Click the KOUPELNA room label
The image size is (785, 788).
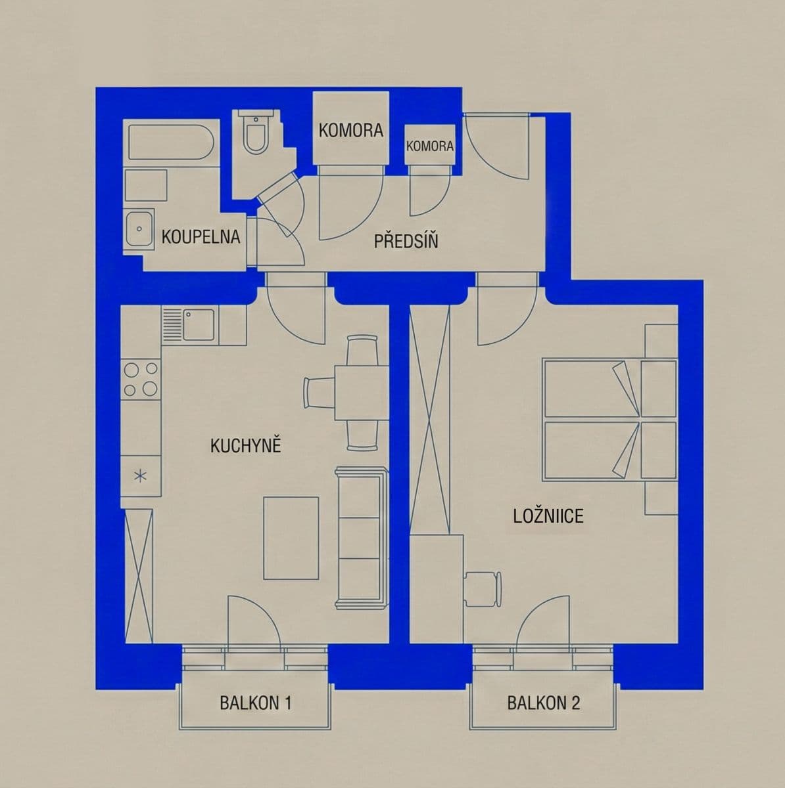tap(201, 236)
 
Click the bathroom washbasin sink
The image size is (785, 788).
tap(139, 229)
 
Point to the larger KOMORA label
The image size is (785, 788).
tap(350, 130)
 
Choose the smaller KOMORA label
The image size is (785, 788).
tap(430, 146)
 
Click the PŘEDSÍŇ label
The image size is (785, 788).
tap(406, 241)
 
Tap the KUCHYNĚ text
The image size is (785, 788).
tap(245, 446)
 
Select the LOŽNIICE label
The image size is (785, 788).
tap(548, 515)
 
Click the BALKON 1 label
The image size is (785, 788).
tap(255, 703)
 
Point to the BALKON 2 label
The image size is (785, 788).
tap(543, 703)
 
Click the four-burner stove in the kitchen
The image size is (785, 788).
tap(141, 379)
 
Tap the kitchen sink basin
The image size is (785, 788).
tap(198, 324)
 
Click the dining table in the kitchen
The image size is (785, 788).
tap(358, 393)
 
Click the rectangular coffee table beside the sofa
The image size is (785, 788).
tap(291, 538)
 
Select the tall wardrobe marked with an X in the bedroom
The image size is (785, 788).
tap(429, 420)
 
